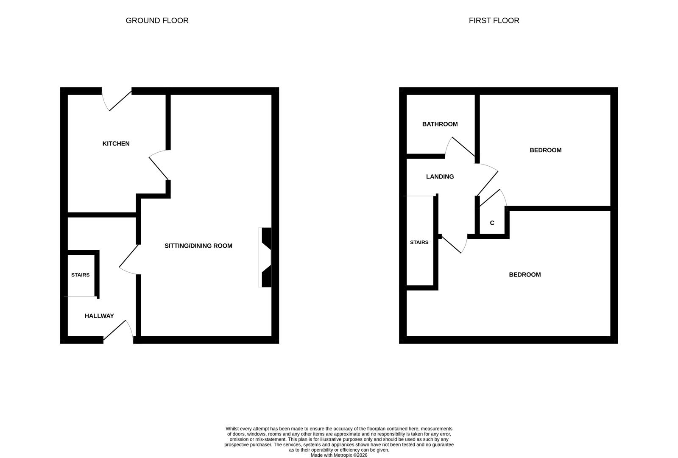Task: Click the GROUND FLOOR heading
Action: click(x=157, y=20)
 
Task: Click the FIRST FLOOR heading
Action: click(x=494, y=20)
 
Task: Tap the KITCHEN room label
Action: click(x=116, y=144)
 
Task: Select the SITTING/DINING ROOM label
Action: click(x=198, y=246)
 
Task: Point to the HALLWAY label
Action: click(x=99, y=316)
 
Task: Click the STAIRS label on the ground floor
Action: click(x=80, y=275)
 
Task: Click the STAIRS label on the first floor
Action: click(x=419, y=243)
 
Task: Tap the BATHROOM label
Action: click(x=440, y=124)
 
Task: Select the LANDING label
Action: click(x=440, y=177)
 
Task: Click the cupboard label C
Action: click(x=492, y=223)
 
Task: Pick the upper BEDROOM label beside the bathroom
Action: click(x=545, y=150)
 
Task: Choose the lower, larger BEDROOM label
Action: click(x=525, y=275)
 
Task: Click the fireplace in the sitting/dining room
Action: click(x=265, y=257)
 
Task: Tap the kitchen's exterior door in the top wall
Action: click(x=117, y=100)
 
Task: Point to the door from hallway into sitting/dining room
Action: click(x=129, y=260)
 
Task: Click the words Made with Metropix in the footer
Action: click(x=331, y=455)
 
